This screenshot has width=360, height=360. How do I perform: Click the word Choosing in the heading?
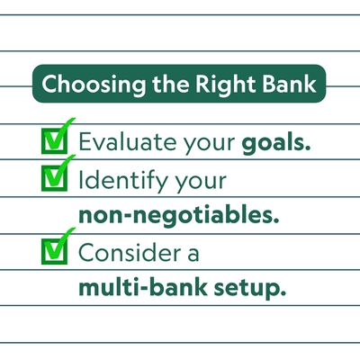point(94,85)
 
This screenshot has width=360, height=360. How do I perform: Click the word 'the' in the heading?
point(171,84)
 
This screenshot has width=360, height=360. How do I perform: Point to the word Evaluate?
point(128,141)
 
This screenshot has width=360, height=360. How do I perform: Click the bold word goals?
point(273,143)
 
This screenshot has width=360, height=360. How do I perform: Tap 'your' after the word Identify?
point(200,182)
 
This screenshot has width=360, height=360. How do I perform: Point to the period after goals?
point(307,148)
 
